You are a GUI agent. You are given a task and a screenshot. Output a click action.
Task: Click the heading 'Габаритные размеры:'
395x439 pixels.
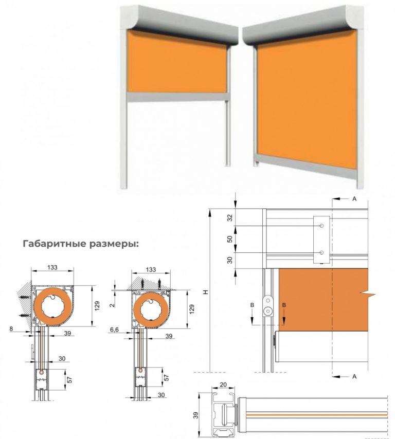(x=81, y=244)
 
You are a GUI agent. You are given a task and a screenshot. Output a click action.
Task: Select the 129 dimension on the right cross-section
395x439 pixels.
(x=192, y=308)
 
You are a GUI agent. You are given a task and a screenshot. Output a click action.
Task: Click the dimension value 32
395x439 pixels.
(x=229, y=217)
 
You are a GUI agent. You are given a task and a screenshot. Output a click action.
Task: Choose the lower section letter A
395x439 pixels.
(x=354, y=377)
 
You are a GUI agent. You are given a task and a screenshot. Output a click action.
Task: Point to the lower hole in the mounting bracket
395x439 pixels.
(x=321, y=252)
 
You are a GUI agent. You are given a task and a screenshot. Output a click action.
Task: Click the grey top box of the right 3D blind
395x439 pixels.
(x=303, y=26)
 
